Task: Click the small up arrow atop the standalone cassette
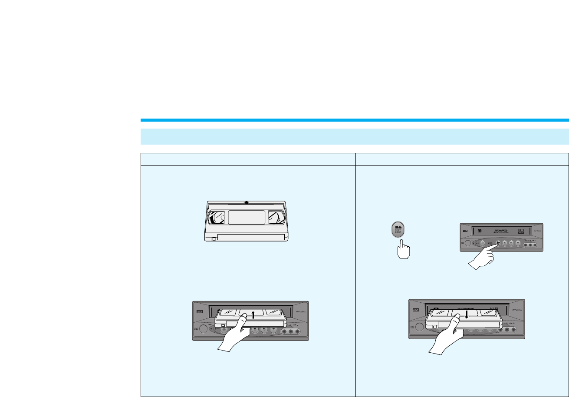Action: [247, 202]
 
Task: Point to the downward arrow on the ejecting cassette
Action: [466, 313]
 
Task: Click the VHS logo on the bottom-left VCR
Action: [200, 311]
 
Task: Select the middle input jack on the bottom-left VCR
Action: [291, 332]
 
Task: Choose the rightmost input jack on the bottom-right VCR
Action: [514, 329]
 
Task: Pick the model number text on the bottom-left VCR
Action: [295, 311]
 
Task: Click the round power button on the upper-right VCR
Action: [466, 244]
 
